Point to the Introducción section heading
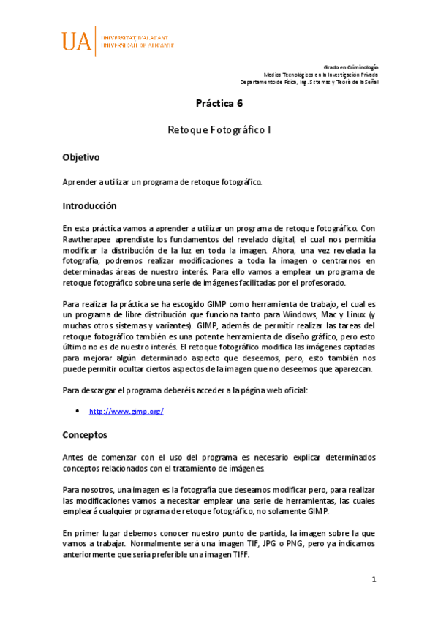89,206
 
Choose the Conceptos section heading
85,435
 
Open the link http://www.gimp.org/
126,412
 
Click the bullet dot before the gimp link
78,411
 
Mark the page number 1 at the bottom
373,580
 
